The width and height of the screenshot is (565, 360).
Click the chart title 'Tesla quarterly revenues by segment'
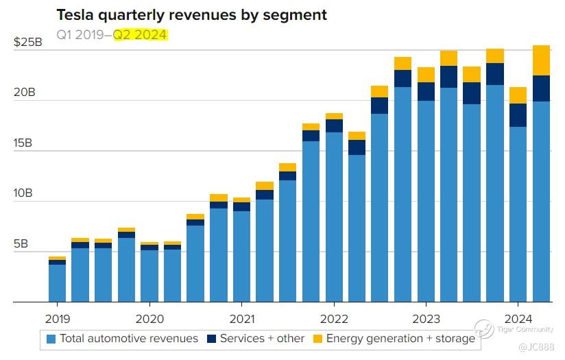pyautogui.click(x=191, y=14)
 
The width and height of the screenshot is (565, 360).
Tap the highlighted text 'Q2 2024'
pyautogui.click(x=140, y=34)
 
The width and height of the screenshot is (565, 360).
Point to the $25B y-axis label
pyautogui.click(x=28, y=43)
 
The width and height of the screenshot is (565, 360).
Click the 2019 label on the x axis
pyautogui.click(x=58, y=318)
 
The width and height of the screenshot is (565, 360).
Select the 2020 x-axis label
pyautogui.click(x=149, y=318)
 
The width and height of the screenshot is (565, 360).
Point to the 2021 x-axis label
pyautogui.click(x=241, y=318)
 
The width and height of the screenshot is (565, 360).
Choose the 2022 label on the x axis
pyautogui.click(x=333, y=318)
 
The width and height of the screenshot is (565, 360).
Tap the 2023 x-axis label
pyautogui.click(x=426, y=318)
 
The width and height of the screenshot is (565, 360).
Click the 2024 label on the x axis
pyautogui.click(x=518, y=318)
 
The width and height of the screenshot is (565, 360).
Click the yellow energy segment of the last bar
pyautogui.click(x=542, y=60)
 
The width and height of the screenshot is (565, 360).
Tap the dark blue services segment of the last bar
pyautogui.click(x=542, y=88)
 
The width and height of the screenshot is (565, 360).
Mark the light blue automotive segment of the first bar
pyautogui.click(x=58, y=283)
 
